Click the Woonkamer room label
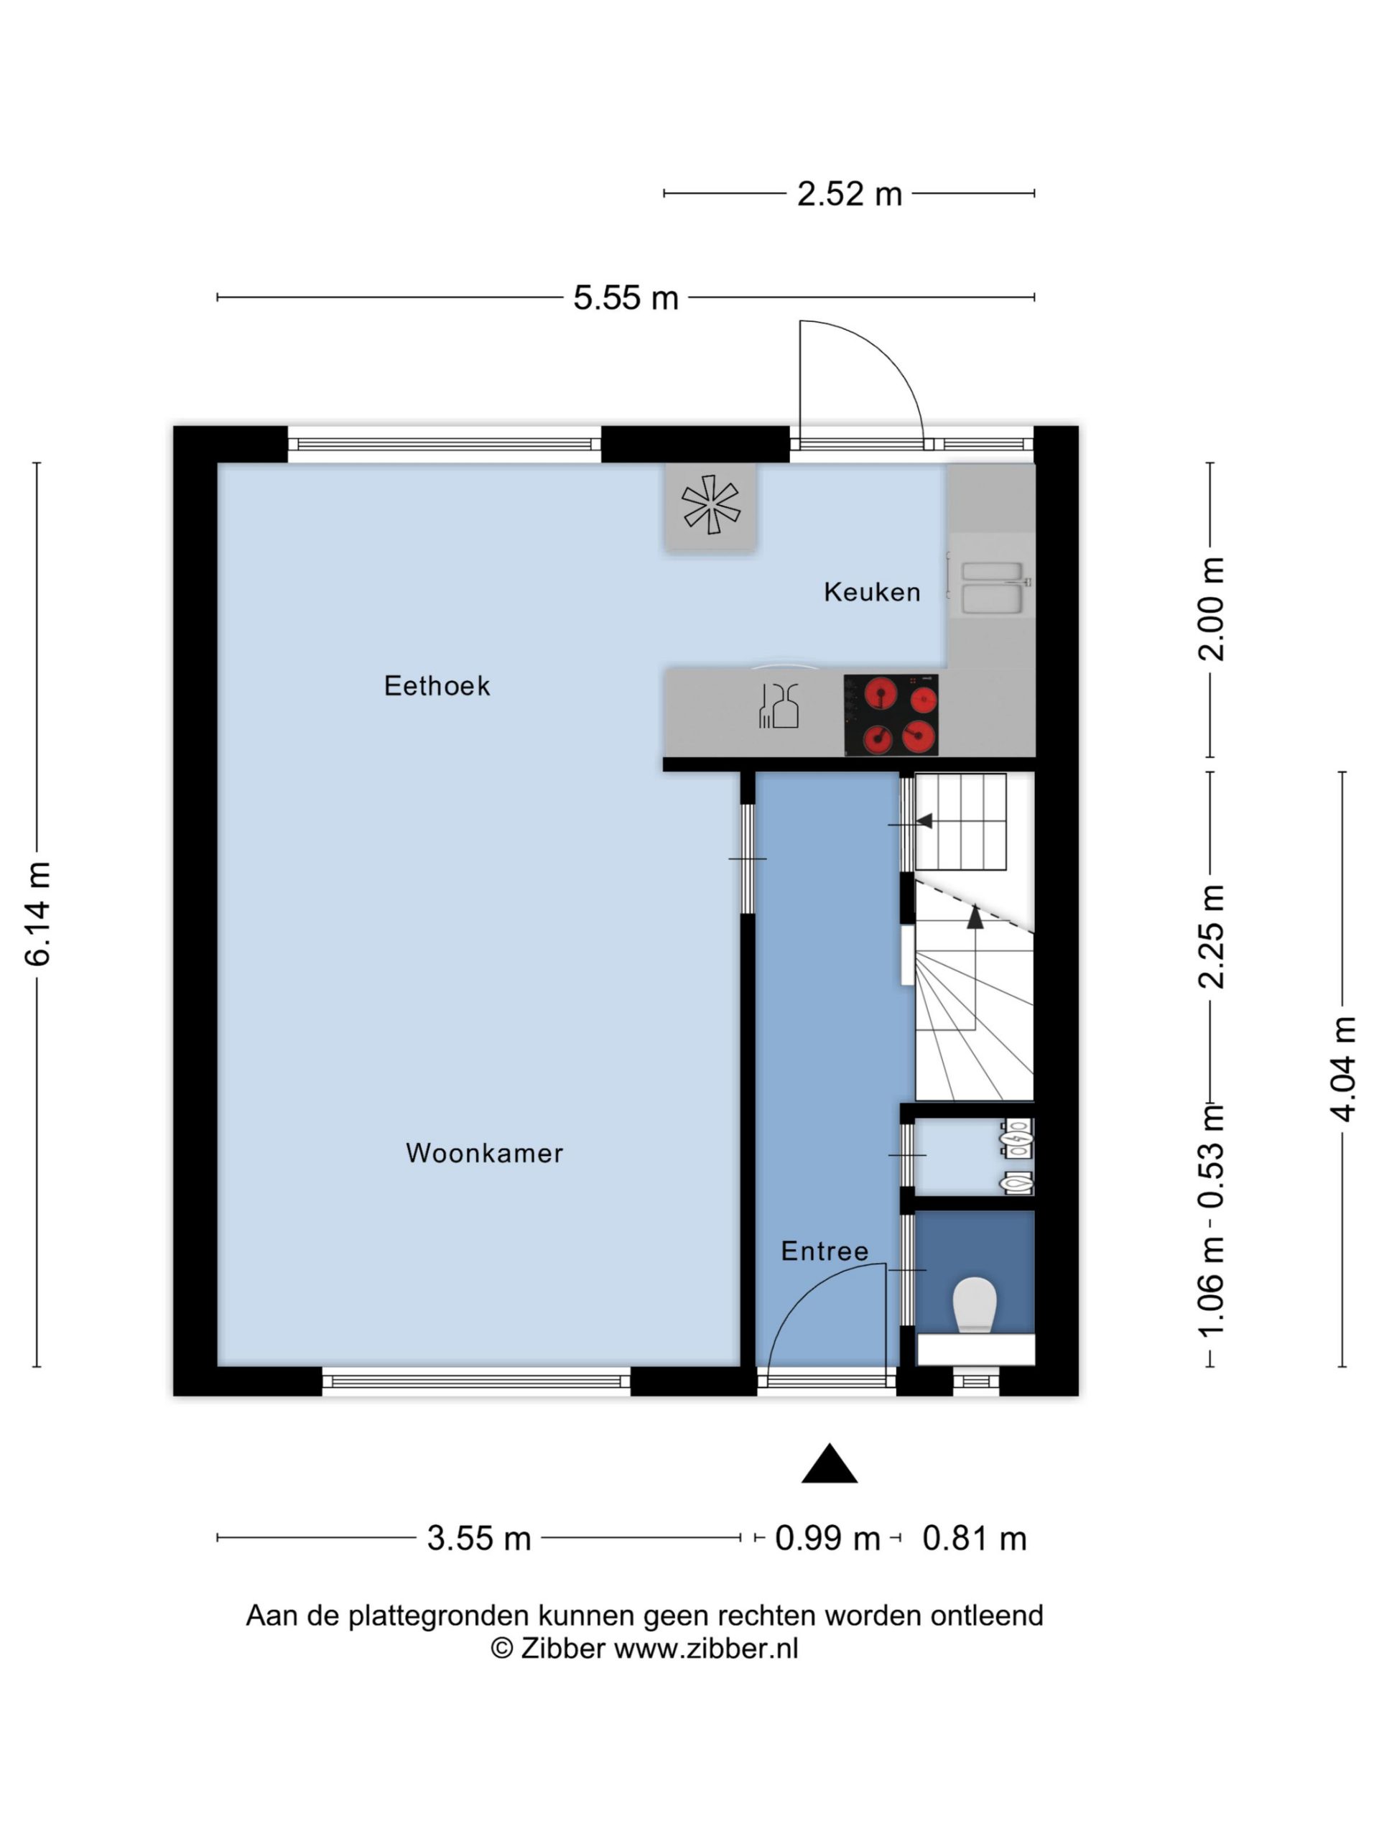(485, 1153)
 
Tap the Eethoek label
(437, 686)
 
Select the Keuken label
(872, 592)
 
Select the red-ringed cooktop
(891, 715)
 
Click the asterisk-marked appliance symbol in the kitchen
(711, 504)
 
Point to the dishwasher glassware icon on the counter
(779, 706)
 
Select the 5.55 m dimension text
(626, 297)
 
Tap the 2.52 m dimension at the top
(850, 194)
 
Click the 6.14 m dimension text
(38, 914)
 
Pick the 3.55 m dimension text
(479, 1538)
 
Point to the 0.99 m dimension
(827, 1538)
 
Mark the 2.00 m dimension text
(1211, 608)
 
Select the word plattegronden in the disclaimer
(438, 1616)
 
